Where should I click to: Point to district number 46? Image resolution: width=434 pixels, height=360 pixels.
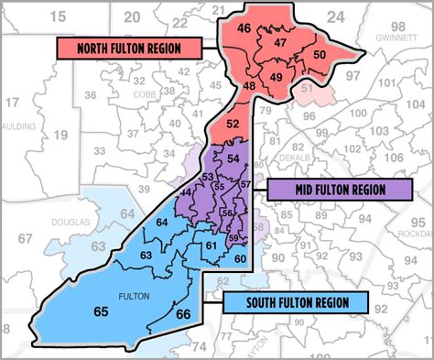pos(244,28)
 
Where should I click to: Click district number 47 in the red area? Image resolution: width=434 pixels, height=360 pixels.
pos(281,43)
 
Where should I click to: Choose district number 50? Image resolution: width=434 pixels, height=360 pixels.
pos(319,56)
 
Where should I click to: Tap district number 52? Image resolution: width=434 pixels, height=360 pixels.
pos(233,124)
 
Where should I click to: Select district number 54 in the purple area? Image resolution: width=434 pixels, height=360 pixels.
pos(233,159)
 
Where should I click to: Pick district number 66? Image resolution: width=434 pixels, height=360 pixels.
pos(182,315)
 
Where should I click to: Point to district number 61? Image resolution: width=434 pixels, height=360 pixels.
pos(211,245)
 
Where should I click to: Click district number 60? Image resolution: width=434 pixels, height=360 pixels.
pos(240,259)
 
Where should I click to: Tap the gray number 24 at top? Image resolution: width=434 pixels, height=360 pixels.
pos(335,16)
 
